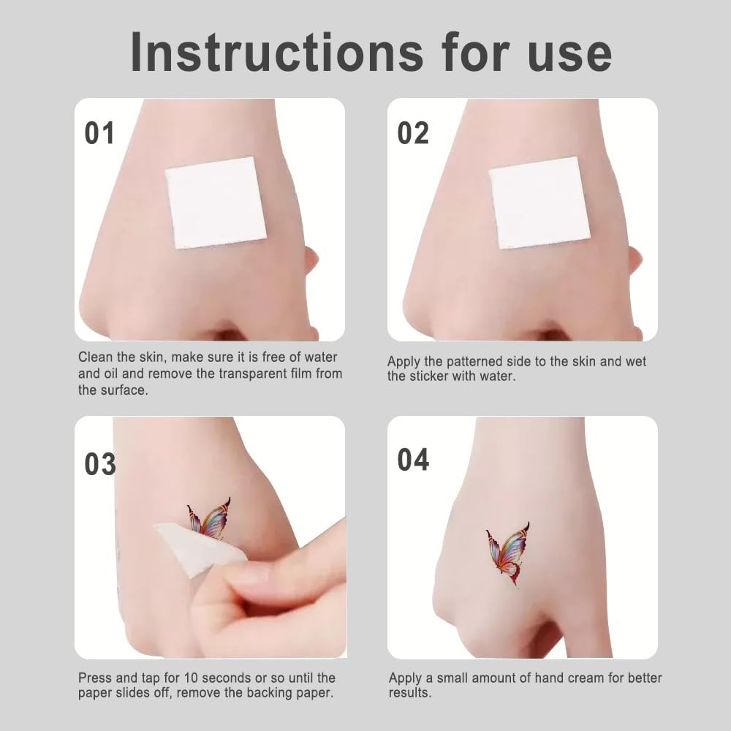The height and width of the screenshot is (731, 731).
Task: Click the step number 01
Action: tap(99, 133)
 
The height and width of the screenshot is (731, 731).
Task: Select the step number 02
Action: tap(413, 133)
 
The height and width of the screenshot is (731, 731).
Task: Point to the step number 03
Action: tap(99, 464)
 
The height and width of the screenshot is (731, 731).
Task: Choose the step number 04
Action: tap(413, 460)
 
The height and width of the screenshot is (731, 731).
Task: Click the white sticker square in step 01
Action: tap(216, 202)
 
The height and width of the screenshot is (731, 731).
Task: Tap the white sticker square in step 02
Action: tap(539, 202)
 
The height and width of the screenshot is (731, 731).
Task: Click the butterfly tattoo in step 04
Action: tap(509, 554)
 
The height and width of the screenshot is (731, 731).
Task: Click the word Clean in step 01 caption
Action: tap(96, 357)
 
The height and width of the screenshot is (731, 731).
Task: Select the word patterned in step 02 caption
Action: tap(478, 362)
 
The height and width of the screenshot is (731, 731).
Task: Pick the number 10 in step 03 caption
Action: tap(192, 678)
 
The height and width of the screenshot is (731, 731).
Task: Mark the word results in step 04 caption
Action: tap(410, 693)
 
